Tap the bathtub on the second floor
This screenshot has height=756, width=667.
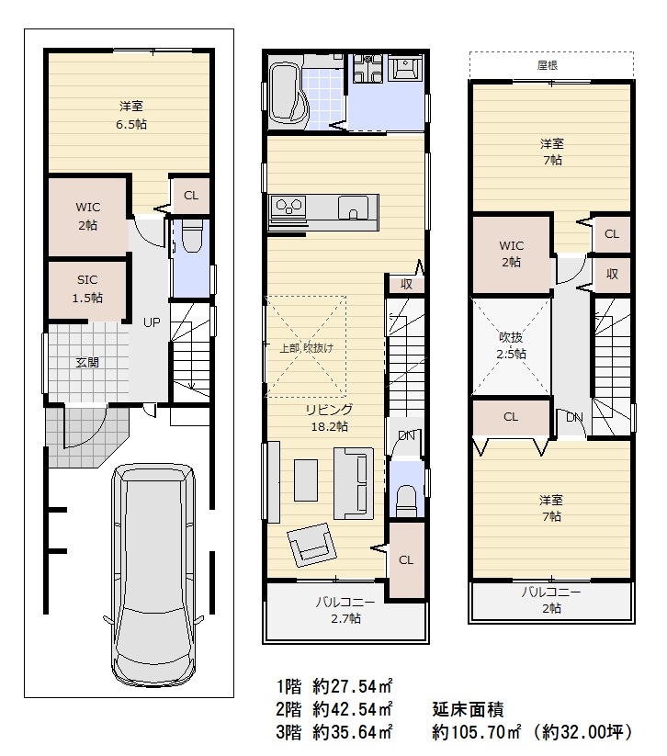coord(288,95)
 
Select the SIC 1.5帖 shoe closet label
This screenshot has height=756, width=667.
coord(87,288)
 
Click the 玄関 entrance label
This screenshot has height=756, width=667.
coord(87,362)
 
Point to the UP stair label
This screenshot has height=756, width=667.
coord(152,322)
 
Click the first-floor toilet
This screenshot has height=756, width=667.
coord(192,236)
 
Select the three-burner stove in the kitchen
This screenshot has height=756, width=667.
coord(288,207)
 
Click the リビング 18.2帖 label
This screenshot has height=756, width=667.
coord(330,418)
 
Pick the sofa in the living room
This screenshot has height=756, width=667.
coord(354,483)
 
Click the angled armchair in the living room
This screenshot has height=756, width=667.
coord(311,545)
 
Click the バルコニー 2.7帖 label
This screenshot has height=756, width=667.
coord(345,610)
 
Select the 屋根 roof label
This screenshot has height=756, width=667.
coord(548,65)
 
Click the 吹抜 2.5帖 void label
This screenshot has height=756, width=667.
coord(511,345)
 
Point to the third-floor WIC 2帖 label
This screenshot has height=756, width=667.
coord(511,254)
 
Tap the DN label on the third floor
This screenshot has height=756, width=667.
coord(574,418)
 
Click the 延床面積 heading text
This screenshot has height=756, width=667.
coord(468,709)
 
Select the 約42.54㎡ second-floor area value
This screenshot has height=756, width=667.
coord(353,709)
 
